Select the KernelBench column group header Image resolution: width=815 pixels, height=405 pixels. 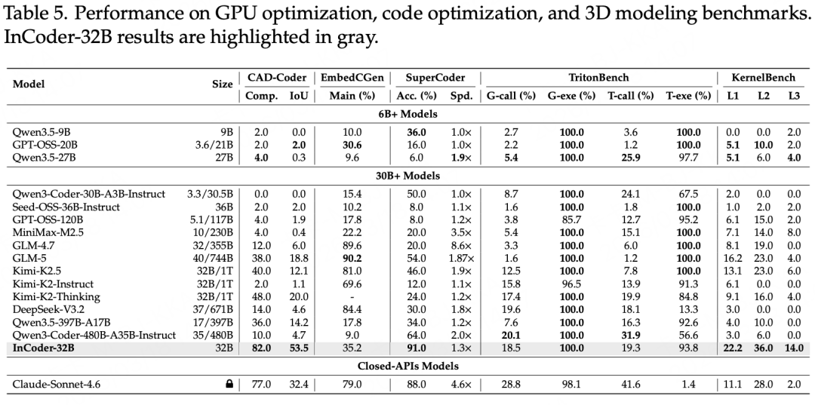click(x=761, y=78)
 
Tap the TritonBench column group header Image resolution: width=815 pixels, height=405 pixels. click(x=598, y=78)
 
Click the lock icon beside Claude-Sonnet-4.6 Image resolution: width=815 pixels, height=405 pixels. click(x=229, y=385)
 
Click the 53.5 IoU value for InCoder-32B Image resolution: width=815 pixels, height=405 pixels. click(x=299, y=348)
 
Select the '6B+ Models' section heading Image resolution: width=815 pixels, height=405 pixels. click(x=407, y=114)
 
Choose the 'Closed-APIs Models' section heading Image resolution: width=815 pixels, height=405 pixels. click(x=407, y=367)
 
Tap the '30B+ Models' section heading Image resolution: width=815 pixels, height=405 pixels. click(x=407, y=176)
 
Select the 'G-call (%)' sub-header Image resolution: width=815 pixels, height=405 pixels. click(x=511, y=96)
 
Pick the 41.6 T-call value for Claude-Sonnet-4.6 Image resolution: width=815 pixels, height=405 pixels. click(x=635, y=385)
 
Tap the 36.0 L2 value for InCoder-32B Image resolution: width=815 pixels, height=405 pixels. click(x=764, y=348)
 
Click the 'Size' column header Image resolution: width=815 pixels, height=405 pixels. click(x=222, y=84)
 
